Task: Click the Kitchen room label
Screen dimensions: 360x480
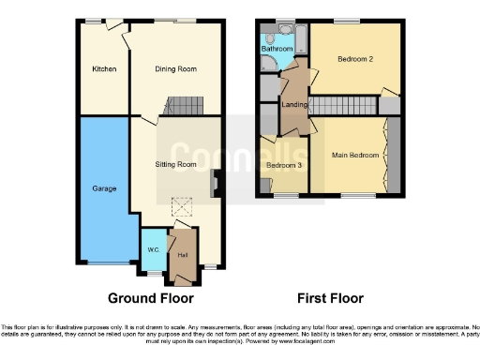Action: tap(103, 69)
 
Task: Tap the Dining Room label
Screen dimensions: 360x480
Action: tap(175, 69)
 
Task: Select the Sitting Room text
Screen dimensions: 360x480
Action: tap(175, 164)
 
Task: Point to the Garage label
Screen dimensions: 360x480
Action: tap(103, 188)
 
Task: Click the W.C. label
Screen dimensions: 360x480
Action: tap(152, 249)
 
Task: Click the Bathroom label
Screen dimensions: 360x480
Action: tap(277, 48)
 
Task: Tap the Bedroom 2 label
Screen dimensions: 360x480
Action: tap(355, 59)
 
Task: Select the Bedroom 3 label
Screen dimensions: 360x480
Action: tap(283, 166)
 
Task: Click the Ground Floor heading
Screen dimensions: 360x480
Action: tap(150, 299)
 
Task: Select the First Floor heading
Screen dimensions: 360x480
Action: tap(330, 299)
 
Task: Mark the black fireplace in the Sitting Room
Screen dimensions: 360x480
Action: tap(216, 184)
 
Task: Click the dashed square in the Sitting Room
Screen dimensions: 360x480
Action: tap(184, 213)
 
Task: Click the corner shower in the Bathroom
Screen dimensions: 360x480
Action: tap(269, 62)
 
